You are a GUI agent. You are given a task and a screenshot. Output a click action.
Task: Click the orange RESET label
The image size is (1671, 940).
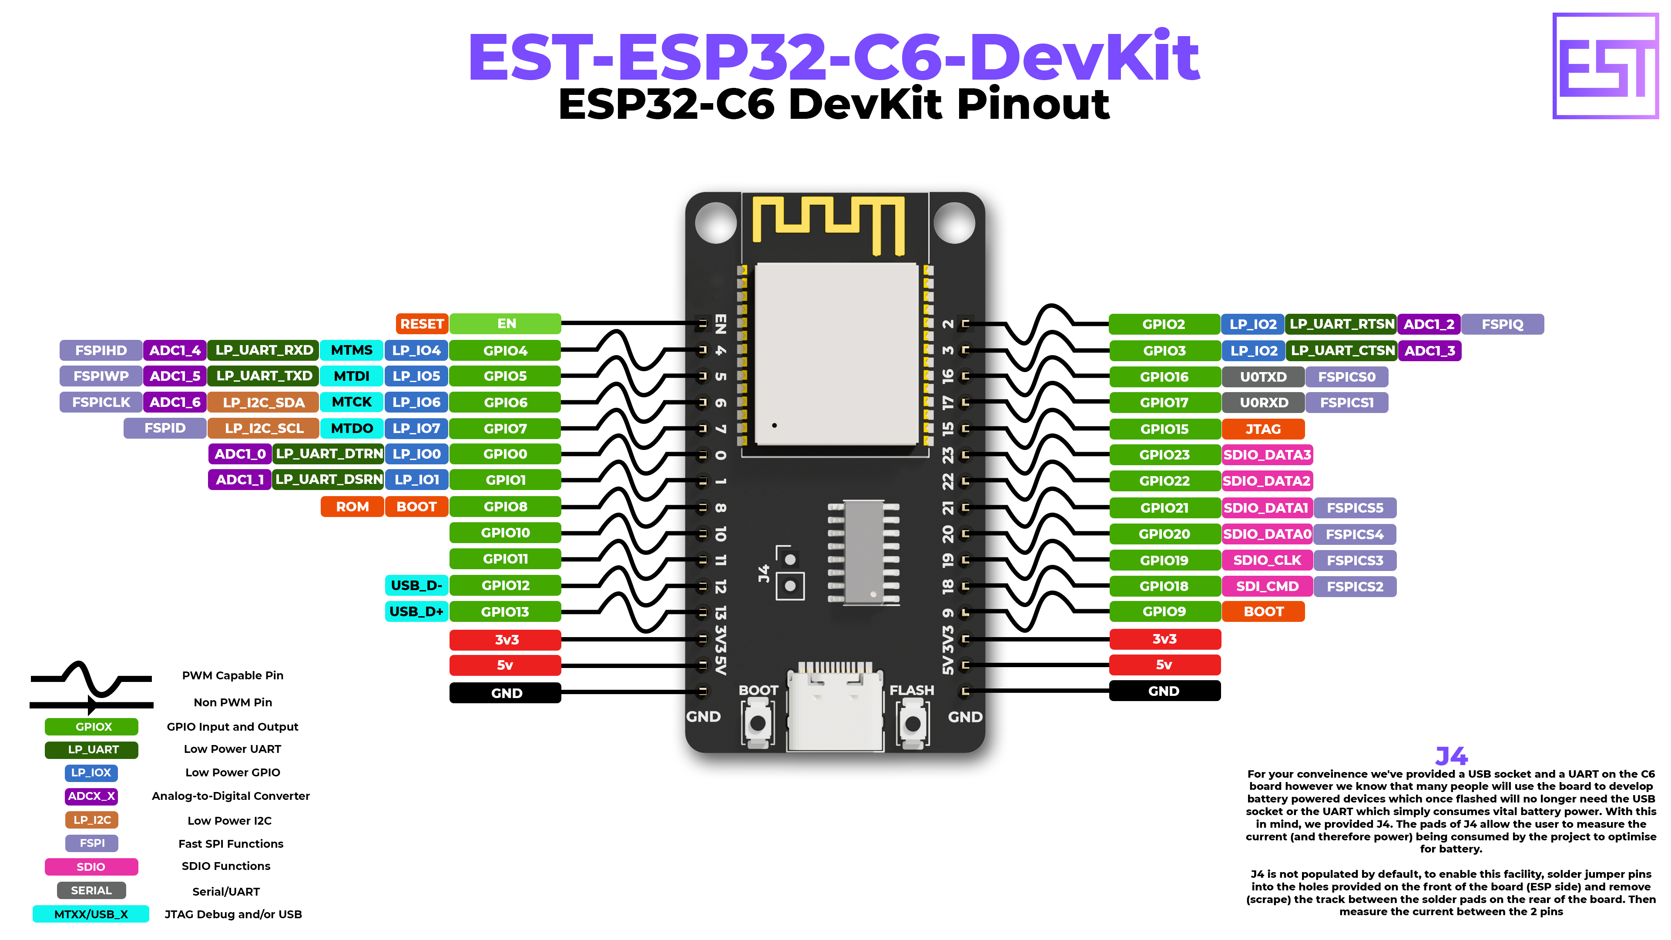click(422, 324)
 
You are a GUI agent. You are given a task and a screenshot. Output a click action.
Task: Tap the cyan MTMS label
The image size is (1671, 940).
click(352, 350)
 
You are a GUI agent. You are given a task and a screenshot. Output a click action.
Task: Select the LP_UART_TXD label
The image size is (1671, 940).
click(264, 376)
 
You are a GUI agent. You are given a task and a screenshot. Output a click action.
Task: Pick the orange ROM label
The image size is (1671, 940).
click(352, 507)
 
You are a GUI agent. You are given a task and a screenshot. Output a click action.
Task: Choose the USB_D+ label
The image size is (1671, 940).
click(416, 611)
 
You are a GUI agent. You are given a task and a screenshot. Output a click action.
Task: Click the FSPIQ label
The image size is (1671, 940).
click(1502, 324)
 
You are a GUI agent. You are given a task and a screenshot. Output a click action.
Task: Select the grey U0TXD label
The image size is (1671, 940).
click(1263, 377)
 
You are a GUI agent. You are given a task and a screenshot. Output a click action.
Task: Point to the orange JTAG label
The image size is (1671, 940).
click(1263, 429)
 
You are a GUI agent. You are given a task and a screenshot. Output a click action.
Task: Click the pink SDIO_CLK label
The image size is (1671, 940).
click(1267, 560)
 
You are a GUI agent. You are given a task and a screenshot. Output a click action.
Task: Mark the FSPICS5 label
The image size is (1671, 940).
click(1355, 508)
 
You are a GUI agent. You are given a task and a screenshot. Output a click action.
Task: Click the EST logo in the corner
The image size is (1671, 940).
click(1605, 66)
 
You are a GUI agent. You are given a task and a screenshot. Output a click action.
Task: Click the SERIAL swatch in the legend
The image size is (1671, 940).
click(91, 890)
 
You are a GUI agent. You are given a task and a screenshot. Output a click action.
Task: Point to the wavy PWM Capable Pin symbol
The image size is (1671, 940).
click(91, 678)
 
